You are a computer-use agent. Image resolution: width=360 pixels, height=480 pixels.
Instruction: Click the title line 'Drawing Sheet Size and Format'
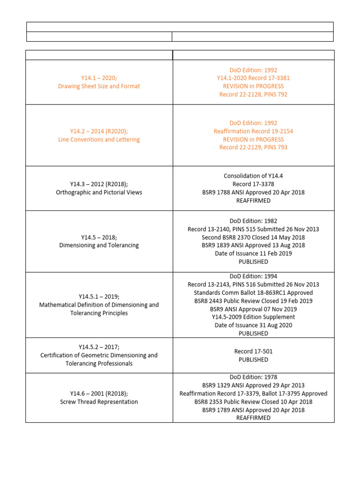coord(99,86)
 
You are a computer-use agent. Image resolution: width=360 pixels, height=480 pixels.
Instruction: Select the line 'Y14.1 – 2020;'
coord(99,78)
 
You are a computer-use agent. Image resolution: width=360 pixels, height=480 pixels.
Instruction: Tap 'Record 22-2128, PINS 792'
coord(253,94)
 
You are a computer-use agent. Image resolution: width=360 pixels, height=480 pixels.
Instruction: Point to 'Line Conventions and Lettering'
coord(99,139)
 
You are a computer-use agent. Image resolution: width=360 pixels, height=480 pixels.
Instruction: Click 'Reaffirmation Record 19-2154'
coord(253,131)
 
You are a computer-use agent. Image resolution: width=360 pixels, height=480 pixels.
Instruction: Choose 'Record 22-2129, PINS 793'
coord(253,147)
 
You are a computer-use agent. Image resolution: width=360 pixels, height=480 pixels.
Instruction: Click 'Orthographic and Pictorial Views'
coord(99,192)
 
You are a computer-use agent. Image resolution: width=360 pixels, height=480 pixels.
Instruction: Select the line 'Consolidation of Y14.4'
coord(253,176)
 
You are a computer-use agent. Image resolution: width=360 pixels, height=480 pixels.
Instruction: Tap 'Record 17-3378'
coord(253,184)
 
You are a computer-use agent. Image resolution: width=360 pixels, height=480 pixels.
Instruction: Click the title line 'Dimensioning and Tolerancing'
coord(99,245)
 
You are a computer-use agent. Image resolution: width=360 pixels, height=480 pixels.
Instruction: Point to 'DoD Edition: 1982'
coord(253,221)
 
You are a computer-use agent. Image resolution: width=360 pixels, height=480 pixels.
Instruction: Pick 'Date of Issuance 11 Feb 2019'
coord(253,254)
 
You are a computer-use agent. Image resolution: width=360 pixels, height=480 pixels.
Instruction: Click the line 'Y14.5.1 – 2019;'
coord(99,297)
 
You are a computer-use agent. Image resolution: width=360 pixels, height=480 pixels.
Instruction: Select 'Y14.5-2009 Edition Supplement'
coord(253,317)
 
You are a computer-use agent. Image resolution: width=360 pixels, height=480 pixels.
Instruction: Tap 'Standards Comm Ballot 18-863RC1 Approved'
coord(253,292)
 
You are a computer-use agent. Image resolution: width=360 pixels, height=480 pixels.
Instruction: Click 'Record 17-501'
coord(253,352)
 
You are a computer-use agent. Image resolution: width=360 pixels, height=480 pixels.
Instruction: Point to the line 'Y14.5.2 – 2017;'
coord(99,347)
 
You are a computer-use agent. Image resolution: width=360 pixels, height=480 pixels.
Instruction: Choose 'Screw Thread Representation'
coord(99,402)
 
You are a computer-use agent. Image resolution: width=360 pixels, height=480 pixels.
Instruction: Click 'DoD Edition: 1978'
coord(253,377)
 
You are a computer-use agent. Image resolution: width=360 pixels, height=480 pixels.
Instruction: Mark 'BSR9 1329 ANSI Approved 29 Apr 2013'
coord(253,385)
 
